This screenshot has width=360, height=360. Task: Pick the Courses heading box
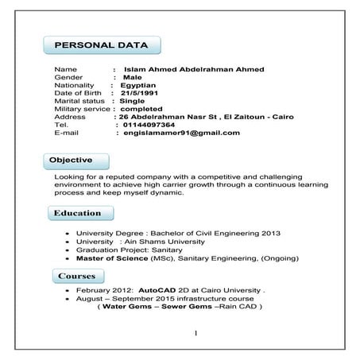tap(77, 276)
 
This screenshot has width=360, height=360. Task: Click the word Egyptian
tap(138, 85)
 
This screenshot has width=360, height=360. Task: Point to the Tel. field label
tap(62, 125)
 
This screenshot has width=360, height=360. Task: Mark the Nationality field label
tap(75, 85)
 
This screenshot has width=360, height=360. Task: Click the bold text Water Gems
tap(126, 307)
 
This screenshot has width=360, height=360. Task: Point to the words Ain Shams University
tap(166, 241)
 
